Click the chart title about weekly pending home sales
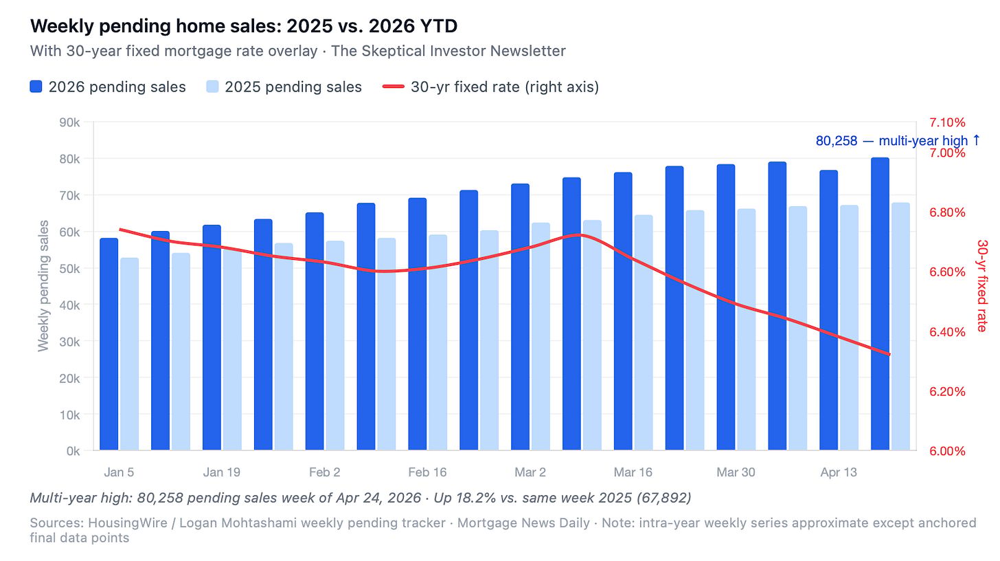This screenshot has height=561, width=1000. click(x=244, y=26)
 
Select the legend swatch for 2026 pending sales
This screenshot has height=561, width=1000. click(x=36, y=87)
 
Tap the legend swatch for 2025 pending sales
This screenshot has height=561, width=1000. click(x=212, y=87)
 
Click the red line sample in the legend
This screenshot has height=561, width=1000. click(x=394, y=87)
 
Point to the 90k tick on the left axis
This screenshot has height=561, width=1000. click(x=69, y=122)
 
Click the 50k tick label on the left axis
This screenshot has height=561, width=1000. click(x=69, y=269)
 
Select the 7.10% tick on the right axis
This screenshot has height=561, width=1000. click(x=947, y=122)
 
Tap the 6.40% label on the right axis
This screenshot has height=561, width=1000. click(x=947, y=332)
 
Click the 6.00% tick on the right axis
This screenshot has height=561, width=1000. click(x=947, y=451)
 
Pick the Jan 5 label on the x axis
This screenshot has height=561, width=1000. click(x=119, y=472)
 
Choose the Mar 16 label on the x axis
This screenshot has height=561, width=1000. click(x=633, y=472)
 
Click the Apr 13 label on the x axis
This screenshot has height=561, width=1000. click(x=839, y=472)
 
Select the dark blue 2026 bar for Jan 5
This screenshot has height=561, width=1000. click(x=109, y=344)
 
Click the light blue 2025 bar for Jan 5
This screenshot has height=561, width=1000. click(x=129, y=354)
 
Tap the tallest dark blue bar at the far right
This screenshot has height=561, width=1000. click(x=880, y=304)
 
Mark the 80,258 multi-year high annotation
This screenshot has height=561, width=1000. click(x=898, y=141)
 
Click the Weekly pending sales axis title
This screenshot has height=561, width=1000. click(x=43, y=286)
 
